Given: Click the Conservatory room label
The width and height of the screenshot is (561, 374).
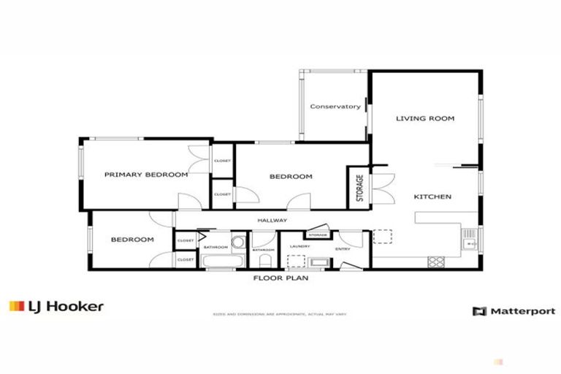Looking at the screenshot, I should pos(335,107).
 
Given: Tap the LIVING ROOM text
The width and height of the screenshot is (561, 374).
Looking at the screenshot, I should pos(425,118).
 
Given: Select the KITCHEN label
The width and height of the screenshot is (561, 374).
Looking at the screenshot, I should pos(432,196).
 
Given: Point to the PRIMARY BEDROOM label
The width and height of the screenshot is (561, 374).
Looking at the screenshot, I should pos(146,175).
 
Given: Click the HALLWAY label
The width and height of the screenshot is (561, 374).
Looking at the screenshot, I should pos(272,221).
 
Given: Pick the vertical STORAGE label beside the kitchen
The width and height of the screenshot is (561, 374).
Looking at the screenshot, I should pos(359,188).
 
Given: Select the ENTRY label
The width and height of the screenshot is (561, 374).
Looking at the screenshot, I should pos(343,248).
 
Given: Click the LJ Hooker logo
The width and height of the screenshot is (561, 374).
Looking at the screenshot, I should pos(56,307).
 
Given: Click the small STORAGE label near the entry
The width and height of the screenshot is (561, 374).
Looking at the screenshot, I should pos(317,235).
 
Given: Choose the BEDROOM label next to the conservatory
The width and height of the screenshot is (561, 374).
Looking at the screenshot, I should pos(291,177).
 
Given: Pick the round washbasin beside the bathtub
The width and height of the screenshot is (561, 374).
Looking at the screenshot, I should pos(238,243).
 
